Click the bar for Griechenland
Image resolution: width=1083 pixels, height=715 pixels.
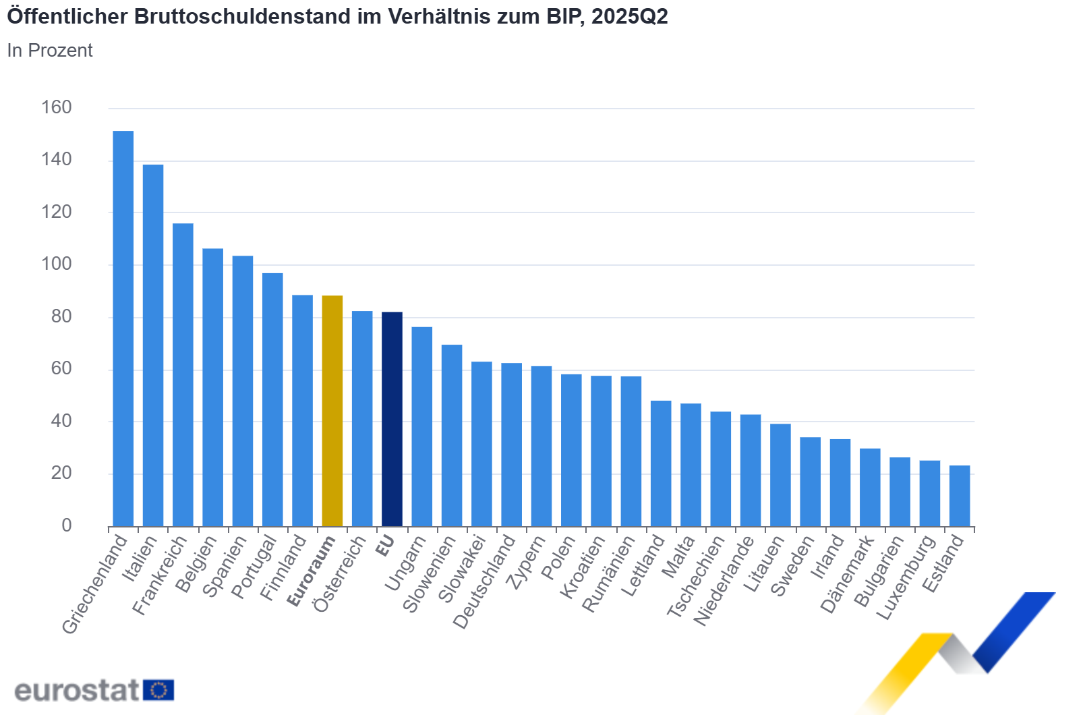123,328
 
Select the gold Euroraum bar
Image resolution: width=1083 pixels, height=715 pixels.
332,411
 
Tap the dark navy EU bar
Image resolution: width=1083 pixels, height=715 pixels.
392,419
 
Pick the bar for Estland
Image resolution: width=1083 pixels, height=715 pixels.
960,496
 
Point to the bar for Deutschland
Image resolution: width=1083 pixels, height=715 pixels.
511,445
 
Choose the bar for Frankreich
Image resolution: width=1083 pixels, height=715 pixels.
183,374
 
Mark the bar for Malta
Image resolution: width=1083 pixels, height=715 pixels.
691,465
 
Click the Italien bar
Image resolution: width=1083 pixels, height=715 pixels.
153,345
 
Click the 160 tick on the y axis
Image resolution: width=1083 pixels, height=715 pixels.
57,107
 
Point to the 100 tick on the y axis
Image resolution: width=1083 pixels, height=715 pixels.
57,264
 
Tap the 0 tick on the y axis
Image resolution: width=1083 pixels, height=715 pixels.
66,525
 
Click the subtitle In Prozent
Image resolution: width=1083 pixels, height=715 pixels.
50,51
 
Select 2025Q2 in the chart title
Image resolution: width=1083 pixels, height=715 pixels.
629,16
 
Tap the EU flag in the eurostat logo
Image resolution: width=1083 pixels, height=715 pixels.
158,690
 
